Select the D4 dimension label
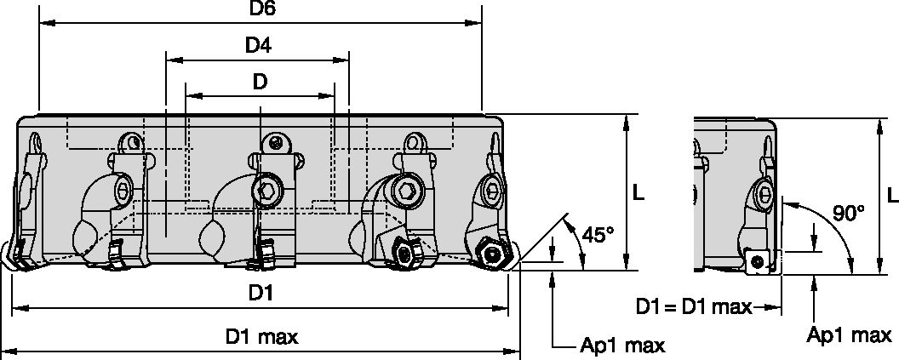click(x=259, y=46)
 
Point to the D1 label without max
click(x=261, y=294)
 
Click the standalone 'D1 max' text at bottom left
click(x=261, y=337)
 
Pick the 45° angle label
click(x=598, y=234)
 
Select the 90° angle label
click(x=849, y=214)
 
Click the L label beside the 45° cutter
click(x=638, y=194)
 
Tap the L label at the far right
click(x=890, y=195)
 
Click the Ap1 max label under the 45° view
click(x=622, y=346)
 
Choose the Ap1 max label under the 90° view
click(x=848, y=335)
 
